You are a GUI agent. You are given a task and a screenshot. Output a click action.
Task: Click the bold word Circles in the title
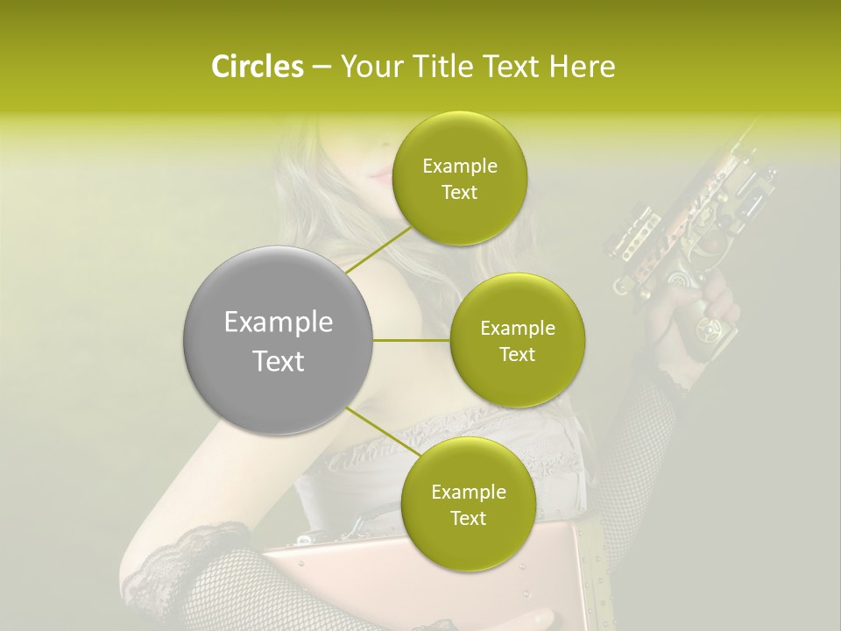pyautogui.click(x=257, y=67)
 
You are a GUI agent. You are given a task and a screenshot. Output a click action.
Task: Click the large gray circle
pyautogui.click(x=278, y=340)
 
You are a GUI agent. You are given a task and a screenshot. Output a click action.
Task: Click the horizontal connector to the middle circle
pyautogui.click(x=412, y=340)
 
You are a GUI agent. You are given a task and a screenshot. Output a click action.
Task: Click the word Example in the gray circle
pyautogui.click(x=279, y=323)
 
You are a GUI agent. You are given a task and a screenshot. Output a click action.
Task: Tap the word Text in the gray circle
pyautogui.click(x=279, y=360)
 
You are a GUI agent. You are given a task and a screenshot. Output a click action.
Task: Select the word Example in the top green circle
pyautogui.click(x=460, y=167)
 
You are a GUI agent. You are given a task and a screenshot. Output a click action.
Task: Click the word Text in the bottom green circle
pyautogui.click(x=469, y=518)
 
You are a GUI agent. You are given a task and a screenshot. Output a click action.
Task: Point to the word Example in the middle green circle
pyautogui.click(x=518, y=329)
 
